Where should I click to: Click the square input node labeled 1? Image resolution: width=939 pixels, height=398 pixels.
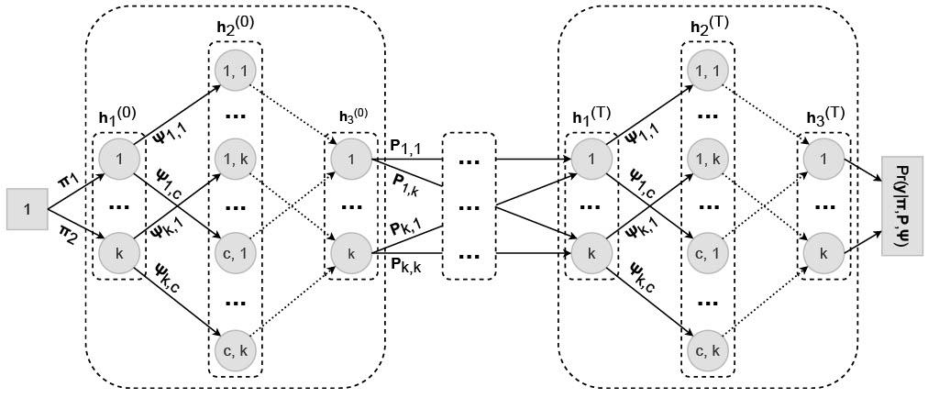pyautogui.click(x=28, y=210)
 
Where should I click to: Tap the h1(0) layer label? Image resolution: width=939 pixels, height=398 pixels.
pyautogui.click(x=117, y=119)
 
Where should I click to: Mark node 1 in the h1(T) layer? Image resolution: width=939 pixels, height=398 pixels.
pyautogui.click(x=590, y=157)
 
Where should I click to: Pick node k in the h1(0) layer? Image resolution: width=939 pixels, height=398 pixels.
pyautogui.click(x=117, y=250)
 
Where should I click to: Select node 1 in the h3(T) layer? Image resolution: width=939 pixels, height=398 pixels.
pyautogui.click(x=823, y=157)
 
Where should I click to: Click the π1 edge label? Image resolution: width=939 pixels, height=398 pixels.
pyautogui.click(x=69, y=174)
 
